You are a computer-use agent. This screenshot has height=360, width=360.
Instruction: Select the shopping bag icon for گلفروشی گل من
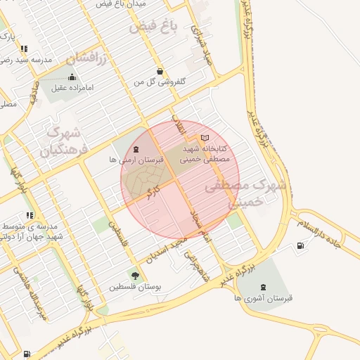coord(160,71)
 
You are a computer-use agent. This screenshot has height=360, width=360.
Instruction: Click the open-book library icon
coord(205,138)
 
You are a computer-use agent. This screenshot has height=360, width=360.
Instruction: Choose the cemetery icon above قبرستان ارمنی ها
coord(136,150)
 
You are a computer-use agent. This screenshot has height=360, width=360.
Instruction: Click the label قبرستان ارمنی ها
coord(136,160)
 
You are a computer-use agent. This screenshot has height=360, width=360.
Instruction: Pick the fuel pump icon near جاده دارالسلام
coord(301,245)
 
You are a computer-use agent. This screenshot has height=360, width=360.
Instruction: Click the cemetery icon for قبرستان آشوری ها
coord(264,287)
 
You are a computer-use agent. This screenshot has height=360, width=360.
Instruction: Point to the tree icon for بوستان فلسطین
coord(135,276)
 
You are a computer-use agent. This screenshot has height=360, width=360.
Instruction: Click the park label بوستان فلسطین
coord(135,287)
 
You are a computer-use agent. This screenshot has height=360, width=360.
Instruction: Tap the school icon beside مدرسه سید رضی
coord(25,49)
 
